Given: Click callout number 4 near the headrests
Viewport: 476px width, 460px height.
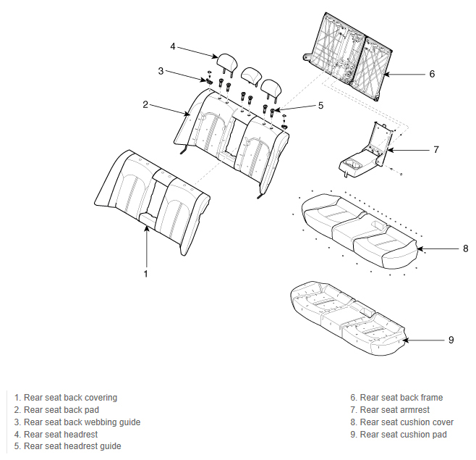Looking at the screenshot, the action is (x=173, y=46).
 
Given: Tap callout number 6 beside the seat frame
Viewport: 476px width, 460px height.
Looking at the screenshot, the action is (x=432, y=74).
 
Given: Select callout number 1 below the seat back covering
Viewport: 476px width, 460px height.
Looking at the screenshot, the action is (x=145, y=274).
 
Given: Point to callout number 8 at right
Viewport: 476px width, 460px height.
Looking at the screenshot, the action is (x=466, y=248).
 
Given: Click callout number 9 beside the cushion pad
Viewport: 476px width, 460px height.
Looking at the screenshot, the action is (x=451, y=340).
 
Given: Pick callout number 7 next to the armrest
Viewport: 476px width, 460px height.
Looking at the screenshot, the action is (x=436, y=149).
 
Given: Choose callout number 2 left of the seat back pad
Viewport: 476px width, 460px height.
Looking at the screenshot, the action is (x=145, y=105).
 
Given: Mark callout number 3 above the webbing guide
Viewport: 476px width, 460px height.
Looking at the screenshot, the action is (x=161, y=71).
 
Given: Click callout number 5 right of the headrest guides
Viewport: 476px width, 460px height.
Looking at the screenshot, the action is (x=321, y=106).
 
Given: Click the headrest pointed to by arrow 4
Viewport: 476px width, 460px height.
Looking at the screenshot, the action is (x=227, y=62).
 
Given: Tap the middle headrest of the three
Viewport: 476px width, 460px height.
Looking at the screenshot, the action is (x=250, y=75).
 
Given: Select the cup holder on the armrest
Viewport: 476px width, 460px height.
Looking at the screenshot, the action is (x=353, y=164).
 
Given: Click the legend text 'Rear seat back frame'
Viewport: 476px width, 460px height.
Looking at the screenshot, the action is (x=401, y=398).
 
